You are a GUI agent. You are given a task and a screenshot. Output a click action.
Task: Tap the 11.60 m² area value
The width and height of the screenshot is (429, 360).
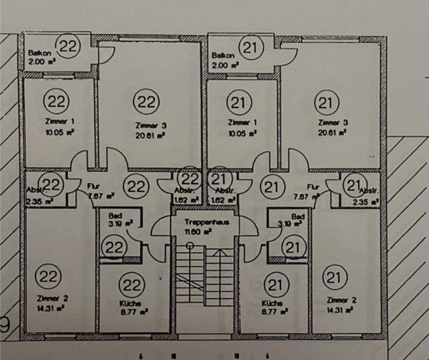coord(202,233)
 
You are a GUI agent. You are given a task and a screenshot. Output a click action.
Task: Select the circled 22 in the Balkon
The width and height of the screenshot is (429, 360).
coord(69,47)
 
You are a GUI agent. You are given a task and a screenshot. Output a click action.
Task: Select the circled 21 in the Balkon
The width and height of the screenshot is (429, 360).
coord(253,48)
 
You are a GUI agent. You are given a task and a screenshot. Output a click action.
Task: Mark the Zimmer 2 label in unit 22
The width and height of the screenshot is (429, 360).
coord(48,298)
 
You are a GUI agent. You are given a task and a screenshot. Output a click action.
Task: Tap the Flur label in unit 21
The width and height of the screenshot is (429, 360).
coord(312,186)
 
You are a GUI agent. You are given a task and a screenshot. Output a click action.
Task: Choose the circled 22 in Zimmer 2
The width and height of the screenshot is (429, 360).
coord(48,277)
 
